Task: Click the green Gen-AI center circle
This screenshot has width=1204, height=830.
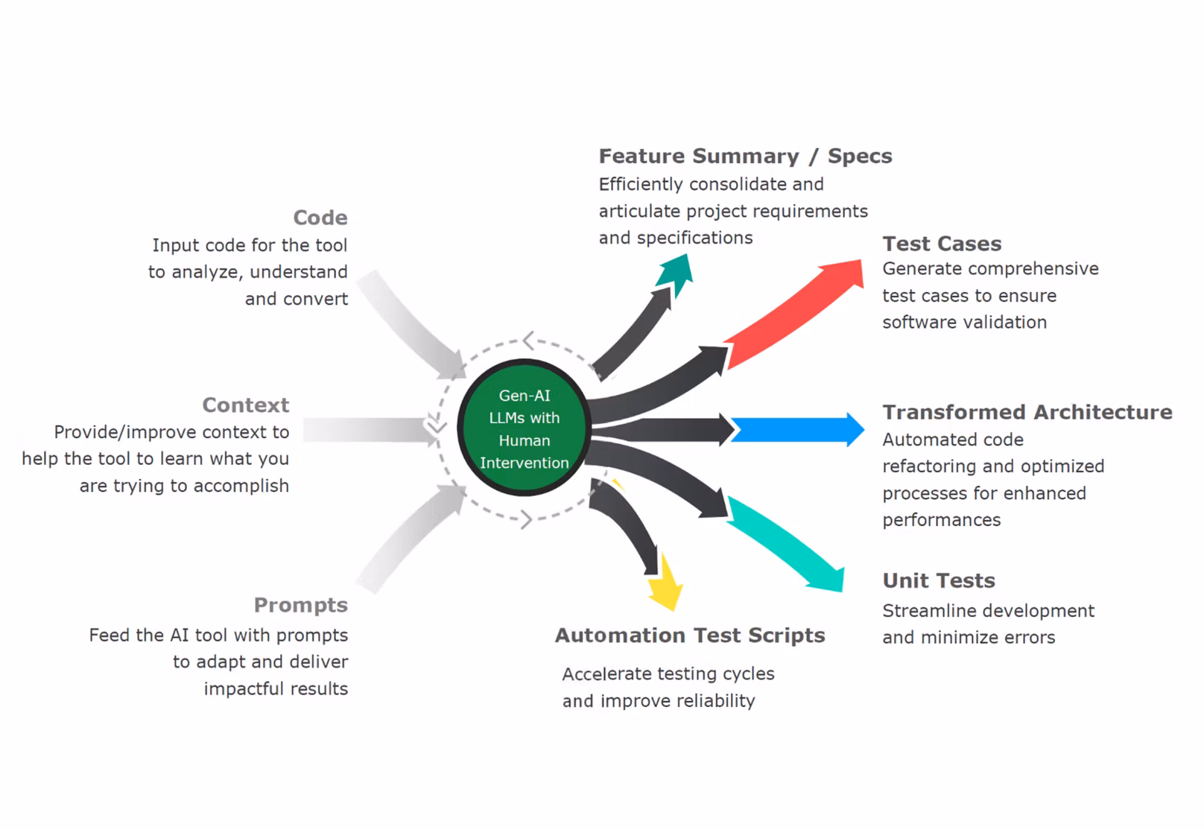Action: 524,428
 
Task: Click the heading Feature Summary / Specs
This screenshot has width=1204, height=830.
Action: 746,156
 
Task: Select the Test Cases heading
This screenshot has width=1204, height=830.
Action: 942,244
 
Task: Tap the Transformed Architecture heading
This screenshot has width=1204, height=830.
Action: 1027,412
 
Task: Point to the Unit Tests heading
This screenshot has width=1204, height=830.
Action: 939,580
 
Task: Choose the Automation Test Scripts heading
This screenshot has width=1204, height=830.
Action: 690,636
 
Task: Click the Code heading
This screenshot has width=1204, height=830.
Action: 320,218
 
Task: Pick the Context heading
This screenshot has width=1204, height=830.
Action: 246,405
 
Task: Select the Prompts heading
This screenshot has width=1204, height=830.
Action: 301,605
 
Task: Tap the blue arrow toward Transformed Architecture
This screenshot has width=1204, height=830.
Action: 798,429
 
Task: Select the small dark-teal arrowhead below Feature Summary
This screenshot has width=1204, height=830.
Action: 677,274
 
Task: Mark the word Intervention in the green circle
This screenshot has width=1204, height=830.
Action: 524,463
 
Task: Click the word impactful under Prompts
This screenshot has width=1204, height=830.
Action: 244,689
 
